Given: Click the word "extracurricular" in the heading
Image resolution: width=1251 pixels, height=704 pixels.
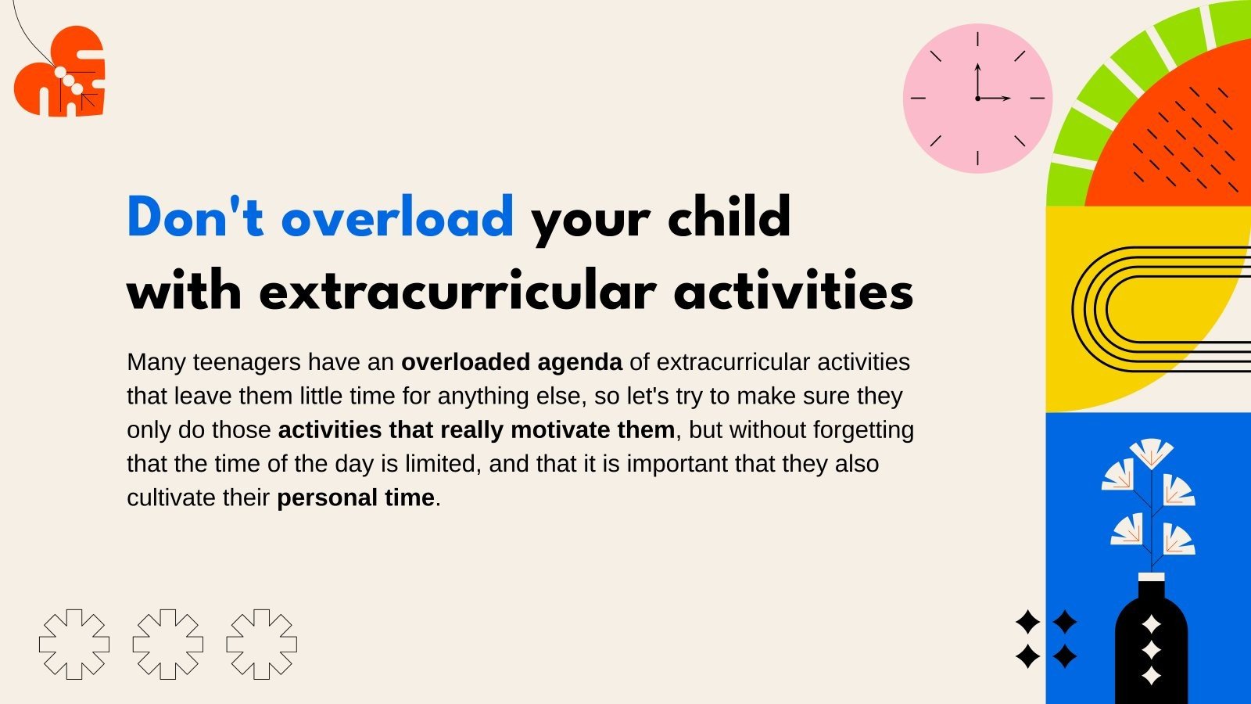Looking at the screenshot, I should point(457,291).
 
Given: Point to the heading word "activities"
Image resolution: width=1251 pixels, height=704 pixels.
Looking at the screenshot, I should point(793,291).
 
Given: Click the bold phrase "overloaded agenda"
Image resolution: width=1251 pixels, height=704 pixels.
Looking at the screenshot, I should point(511,362).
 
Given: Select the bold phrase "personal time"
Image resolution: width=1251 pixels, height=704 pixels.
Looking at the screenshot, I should point(356,497).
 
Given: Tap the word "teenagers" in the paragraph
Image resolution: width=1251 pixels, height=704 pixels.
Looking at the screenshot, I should point(246,362).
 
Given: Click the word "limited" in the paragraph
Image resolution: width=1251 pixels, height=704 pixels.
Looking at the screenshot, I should point(443,464).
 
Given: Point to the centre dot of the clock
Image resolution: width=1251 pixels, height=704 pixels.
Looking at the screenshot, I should point(977,99).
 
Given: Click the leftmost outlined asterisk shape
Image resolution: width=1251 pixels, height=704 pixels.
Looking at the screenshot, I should point(74,644).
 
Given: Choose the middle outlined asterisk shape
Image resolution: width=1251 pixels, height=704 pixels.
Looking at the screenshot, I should point(168,644).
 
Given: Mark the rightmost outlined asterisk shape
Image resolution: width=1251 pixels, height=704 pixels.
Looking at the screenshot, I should point(262,644).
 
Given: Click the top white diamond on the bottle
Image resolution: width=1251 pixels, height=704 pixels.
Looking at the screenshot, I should point(1151,624).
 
